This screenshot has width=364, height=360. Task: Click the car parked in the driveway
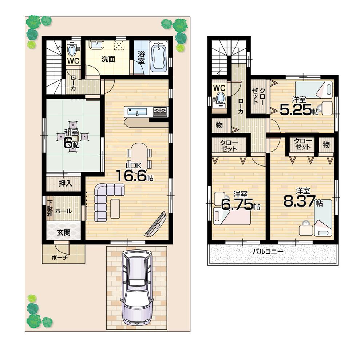click(x=136, y=287)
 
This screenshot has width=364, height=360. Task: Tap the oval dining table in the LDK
click(x=140, y=155)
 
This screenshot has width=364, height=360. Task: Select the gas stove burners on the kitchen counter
click(x=160, y=111)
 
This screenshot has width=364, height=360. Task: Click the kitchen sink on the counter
click(x=137, y=111)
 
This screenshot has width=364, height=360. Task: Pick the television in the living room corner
click(x=156, y=224)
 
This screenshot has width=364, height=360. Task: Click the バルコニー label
click(x=268, y=251)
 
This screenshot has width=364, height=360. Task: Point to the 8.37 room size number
click(x=298, y=202)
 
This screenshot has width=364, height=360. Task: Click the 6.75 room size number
click(x=237, y=205)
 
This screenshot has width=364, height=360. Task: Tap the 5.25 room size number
click(x=295, y=109)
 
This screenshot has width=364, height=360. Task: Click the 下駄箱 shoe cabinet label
click(x=49, y=208)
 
